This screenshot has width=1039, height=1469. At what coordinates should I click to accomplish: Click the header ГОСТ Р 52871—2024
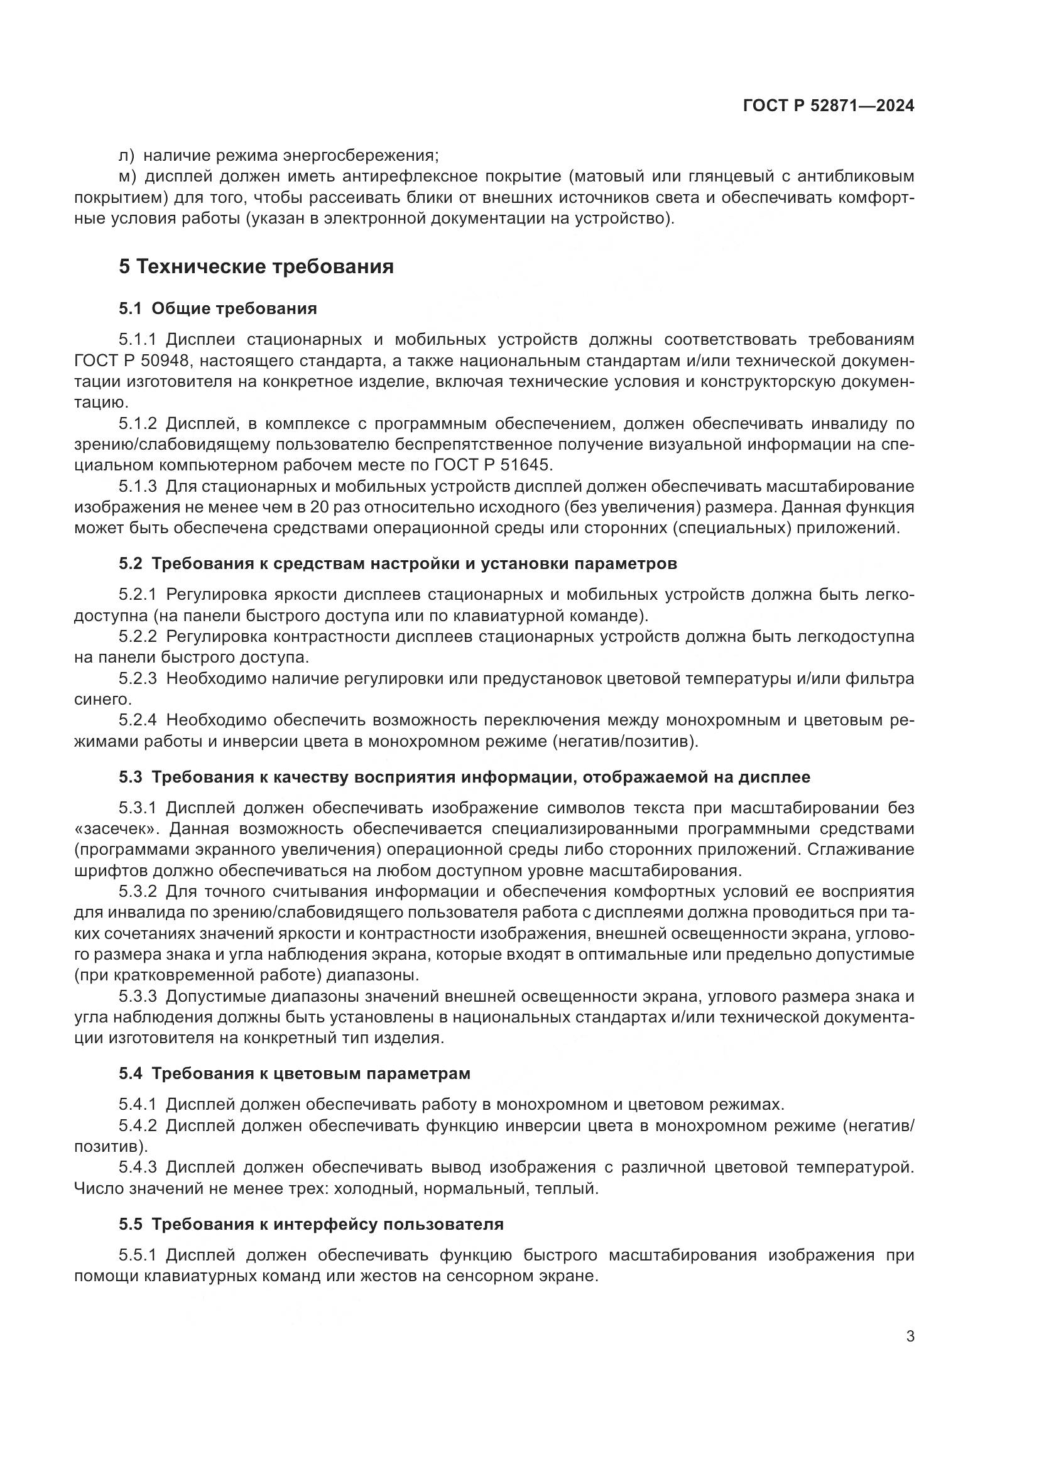click(829, 106)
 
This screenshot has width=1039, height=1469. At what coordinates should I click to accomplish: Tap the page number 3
click(910, 1336)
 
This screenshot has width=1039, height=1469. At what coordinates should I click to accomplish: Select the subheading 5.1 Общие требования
click(217, 309)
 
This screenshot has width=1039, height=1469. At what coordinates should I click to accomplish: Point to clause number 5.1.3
click(137, 486)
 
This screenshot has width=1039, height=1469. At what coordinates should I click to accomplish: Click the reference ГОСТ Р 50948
click(131, 361)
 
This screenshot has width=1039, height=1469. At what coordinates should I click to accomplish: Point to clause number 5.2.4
click(137, 720)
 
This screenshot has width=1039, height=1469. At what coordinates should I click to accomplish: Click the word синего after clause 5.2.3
click(94, 698)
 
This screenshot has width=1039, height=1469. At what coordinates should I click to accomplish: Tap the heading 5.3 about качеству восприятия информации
click(464, 777)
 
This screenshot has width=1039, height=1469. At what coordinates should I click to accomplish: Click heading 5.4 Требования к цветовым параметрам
click(294, 1073)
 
